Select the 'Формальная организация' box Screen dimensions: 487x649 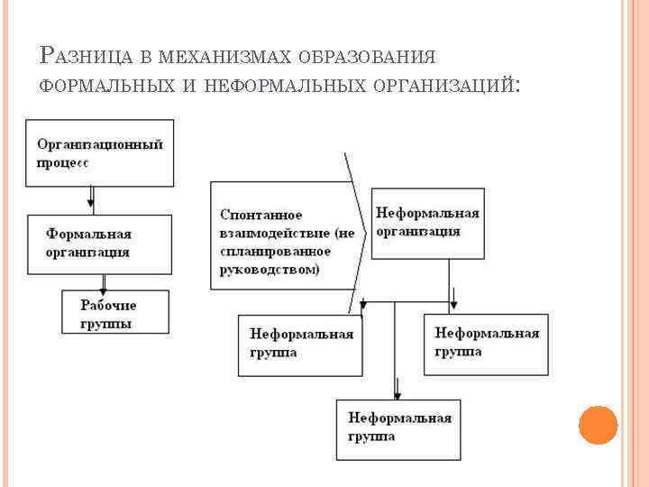pos(100,243)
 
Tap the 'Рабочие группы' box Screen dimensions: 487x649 pos(115,311)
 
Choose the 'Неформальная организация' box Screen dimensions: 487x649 pos(427,223)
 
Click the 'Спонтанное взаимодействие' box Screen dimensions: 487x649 pos(281,235)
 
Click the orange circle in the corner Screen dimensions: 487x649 pos(598,424)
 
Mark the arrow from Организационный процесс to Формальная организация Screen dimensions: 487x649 pos(91,198)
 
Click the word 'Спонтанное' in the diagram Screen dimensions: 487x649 pos(261,215)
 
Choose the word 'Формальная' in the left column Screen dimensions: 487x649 pos(88,234)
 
